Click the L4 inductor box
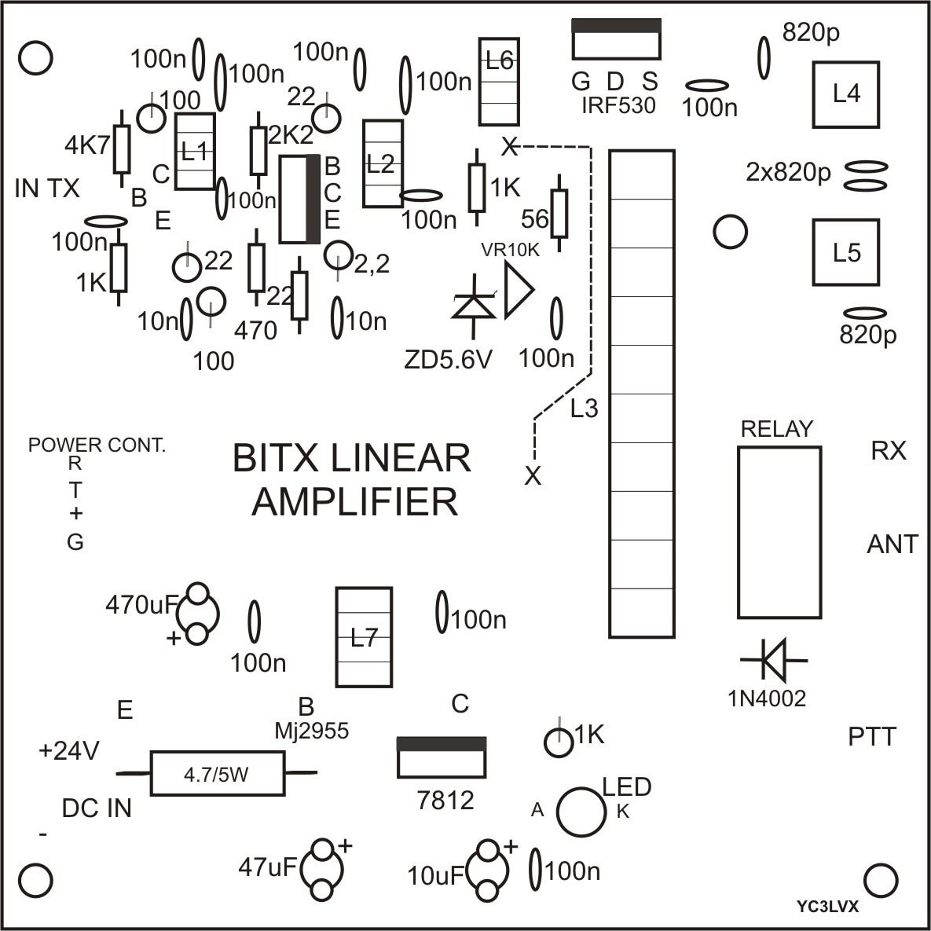[846, 94]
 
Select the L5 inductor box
[846, 252]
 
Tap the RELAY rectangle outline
[779, 533]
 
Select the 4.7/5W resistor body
[217, 774]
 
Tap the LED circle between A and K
[580, 812]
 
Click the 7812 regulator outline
[442, 757]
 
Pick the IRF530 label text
[618, 106]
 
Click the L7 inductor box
[363, 637]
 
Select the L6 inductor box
[499, 82]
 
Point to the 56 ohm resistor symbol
[559, 213]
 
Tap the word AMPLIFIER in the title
[354, 502]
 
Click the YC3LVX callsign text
[827, 906]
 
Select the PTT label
[872, 737]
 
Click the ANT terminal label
[892, 544]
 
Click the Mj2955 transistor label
[311, 731]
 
